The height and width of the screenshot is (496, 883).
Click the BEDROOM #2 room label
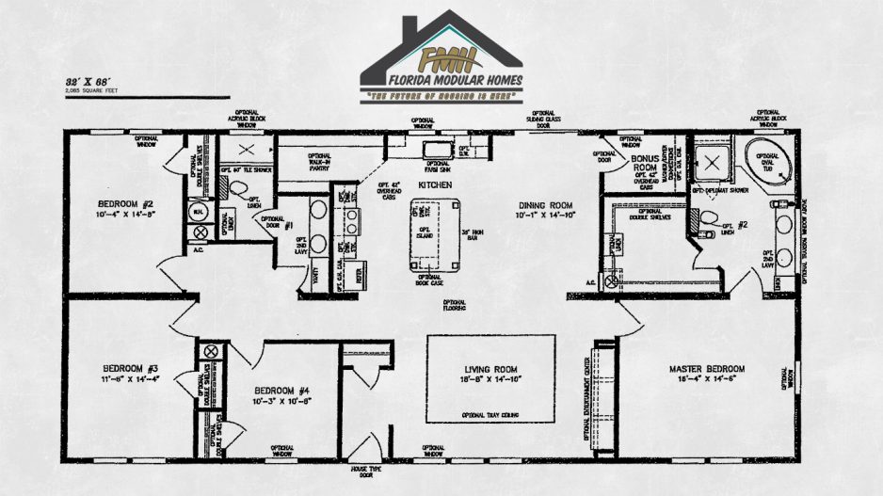coord(125,203)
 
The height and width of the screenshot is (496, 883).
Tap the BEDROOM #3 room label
coord(130,368)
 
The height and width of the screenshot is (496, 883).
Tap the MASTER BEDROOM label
coord(706,368)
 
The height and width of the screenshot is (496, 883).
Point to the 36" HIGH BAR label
coord(474,233)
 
